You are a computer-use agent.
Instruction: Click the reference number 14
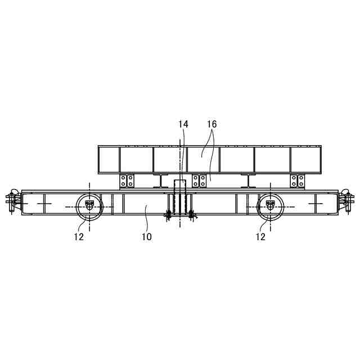(183, 124)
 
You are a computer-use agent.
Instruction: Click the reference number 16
(212, 124)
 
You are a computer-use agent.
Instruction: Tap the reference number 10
(147, 237)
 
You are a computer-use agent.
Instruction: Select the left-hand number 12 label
(79, 237)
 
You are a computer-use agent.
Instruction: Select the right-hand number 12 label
(260, 237)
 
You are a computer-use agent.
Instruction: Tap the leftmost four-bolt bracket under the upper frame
(127, 181)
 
